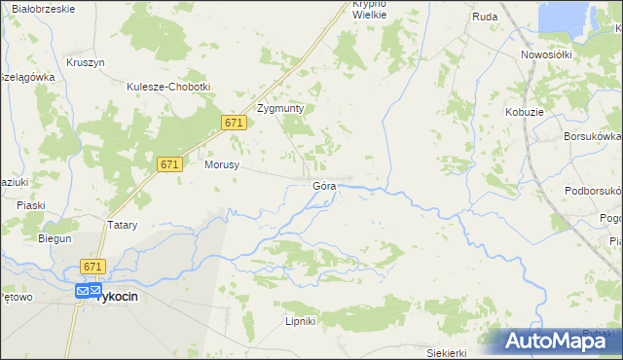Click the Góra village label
click(x=324, y=185)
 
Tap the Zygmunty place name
click(x=280, y=109)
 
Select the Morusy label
click(x=222, y=165)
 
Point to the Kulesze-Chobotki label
click(x=168, y=87)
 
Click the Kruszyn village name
click(x=86, y=62)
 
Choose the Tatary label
click(x=122, y=225)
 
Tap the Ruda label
click(x=485, y=18)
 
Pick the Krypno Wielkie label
click(x=370, y=10)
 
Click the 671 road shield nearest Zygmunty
click(x=233, y=123)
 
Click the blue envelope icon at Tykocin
click(x=84, y=290)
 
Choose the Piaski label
click(x=32, y=205)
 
